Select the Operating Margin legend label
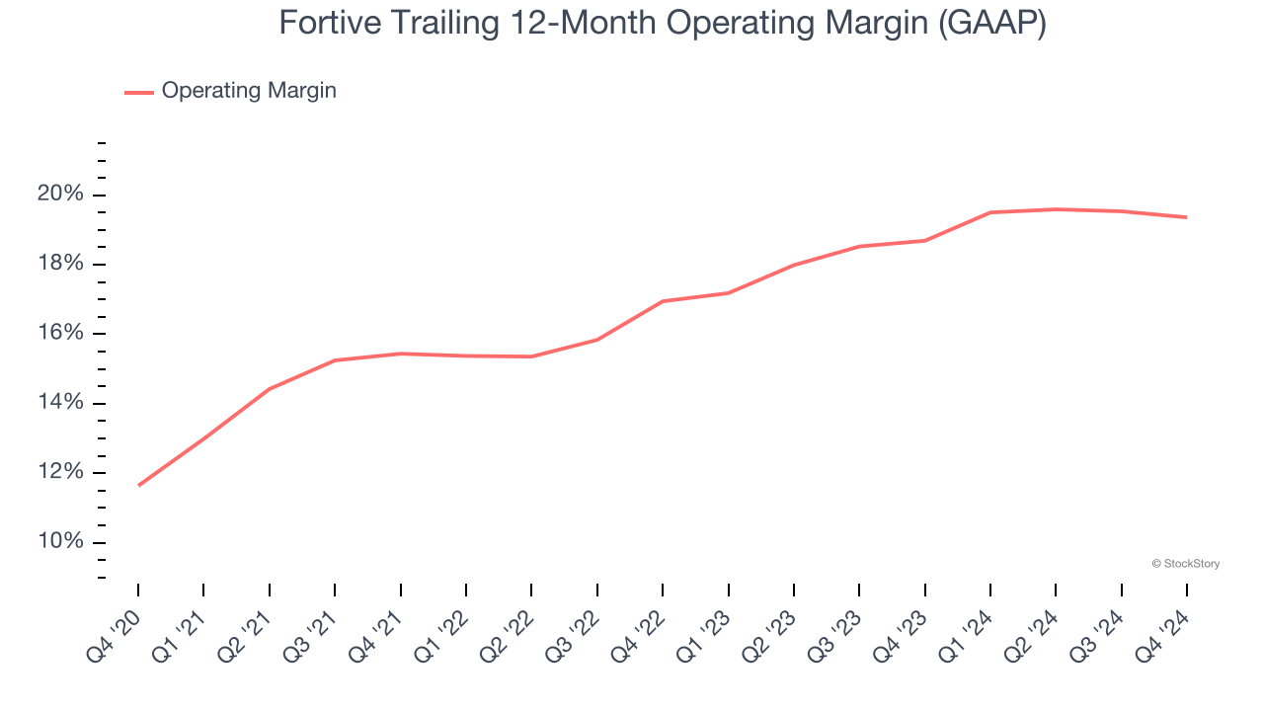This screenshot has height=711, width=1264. pos(249,91)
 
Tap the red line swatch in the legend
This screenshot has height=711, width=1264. pos(139,92)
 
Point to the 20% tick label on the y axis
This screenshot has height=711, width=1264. pos(60,195)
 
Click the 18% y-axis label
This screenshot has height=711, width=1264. pos(60,264)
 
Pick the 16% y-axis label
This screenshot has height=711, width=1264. pos(60,334)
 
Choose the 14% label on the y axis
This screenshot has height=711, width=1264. pos(60,403)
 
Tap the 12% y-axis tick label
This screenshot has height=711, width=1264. pos(60,472)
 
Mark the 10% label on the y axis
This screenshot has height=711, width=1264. pos(60,542)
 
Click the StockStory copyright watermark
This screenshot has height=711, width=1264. pos(1185,564)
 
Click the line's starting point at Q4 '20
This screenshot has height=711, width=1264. pos(138,485)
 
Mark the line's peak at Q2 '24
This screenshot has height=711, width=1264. pos(1056,209)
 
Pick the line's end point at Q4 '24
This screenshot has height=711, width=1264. pos(1186,217)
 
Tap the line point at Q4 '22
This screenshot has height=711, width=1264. pos(663,301)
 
